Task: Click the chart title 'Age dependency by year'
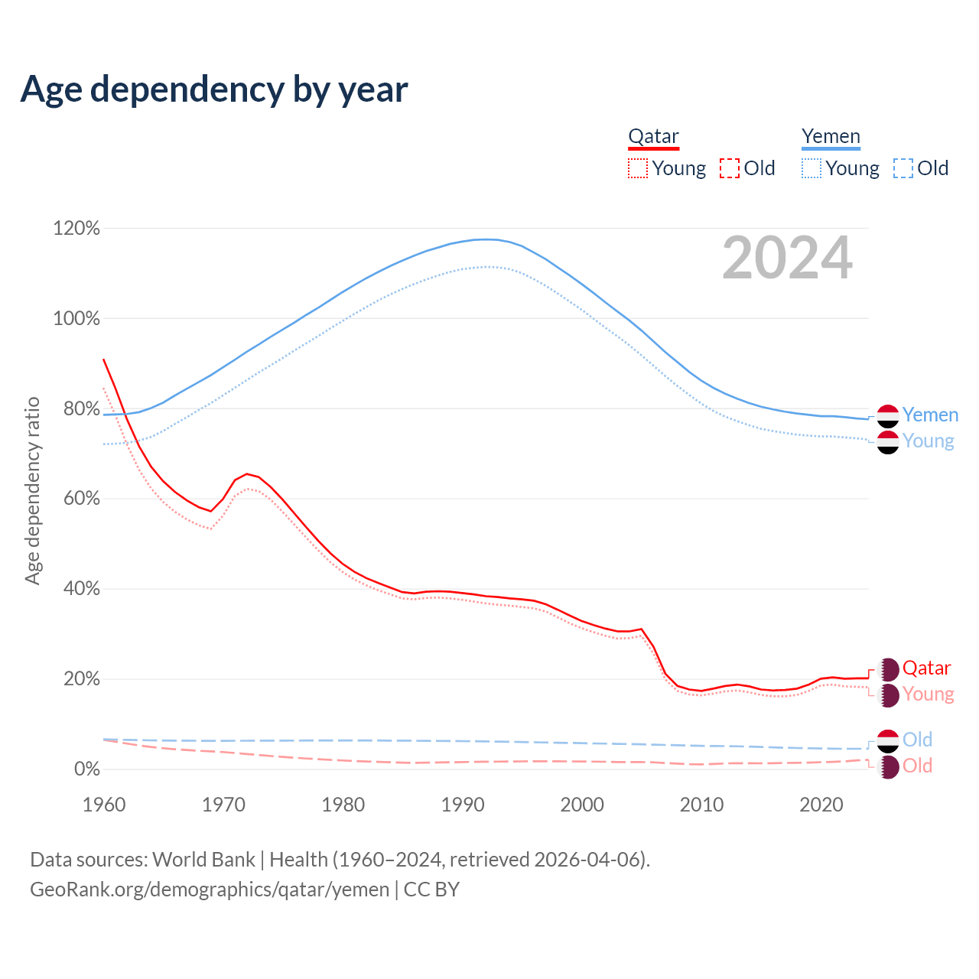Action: tap(214, 89)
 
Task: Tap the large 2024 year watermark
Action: tap(787, 259)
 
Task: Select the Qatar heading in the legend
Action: tap(653, 136)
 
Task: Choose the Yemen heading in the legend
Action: tap(831, 136)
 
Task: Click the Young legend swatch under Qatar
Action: tap(637, 168)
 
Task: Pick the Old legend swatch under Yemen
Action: tap(903, 168)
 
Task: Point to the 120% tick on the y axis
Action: tap(76, 228)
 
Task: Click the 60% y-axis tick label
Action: tap(76, 499)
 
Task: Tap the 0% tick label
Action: tap(86, 769)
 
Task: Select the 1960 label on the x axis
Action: tap(104, 805)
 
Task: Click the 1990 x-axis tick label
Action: tap(463, 805)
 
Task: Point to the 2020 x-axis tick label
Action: tap(821, 805)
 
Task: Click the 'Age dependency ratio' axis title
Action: tap(32, 490)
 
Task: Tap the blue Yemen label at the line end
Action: tap(930, 415)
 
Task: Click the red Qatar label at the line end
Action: tap(926, 668)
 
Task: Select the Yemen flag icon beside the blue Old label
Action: tap(888, 740)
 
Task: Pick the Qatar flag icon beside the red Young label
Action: tap(888, 694)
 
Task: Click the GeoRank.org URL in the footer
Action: tap(210, 890)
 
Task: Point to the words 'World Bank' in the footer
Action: tap(203, 859)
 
